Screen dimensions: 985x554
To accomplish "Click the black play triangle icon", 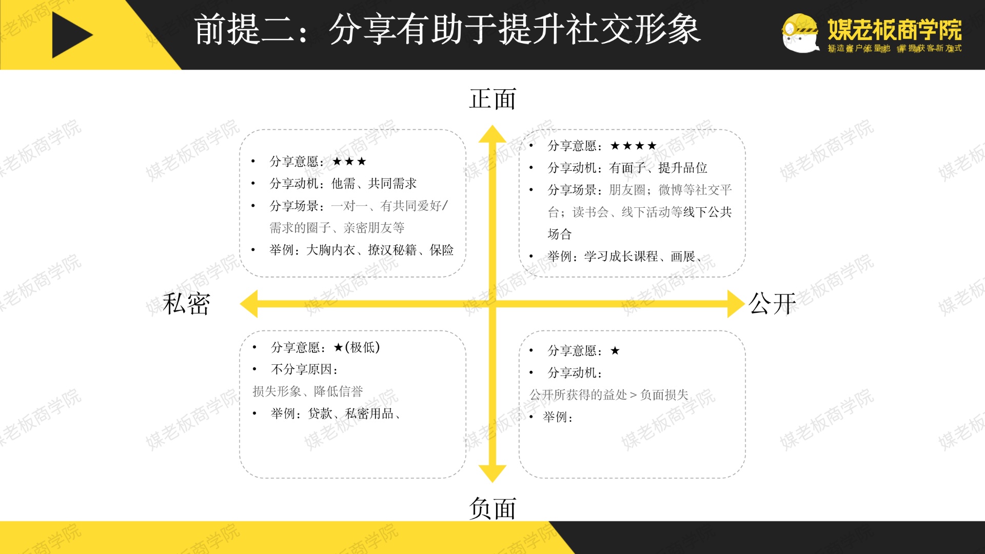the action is point(70,35).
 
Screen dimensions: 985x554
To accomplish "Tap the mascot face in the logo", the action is point(800,33).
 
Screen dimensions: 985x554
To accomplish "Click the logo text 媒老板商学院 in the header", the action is point(895,29).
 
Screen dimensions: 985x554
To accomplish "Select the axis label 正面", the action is point(492,99).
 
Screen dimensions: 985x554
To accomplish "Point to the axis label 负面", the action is point(492,508).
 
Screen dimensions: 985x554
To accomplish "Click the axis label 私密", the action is point(186,304).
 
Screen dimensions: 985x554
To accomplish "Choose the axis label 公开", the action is point(772,304).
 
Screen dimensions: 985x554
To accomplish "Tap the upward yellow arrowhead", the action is point(493,134).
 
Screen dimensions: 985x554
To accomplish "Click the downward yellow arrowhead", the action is point(493,473).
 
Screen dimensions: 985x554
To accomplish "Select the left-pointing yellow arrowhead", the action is point(250,304).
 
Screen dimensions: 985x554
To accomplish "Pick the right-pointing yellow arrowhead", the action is point(735,304).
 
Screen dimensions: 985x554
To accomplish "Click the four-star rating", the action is point(634,146).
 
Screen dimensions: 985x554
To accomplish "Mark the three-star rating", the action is point(349,162).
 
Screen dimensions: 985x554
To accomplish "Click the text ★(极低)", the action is point(357,347).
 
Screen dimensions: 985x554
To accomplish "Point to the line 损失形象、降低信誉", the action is point(308,391).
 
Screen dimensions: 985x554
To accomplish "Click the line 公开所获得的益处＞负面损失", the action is point(609,394).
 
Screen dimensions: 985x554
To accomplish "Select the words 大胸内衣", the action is point(330,250).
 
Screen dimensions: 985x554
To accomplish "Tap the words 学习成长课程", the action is point(621,256).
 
